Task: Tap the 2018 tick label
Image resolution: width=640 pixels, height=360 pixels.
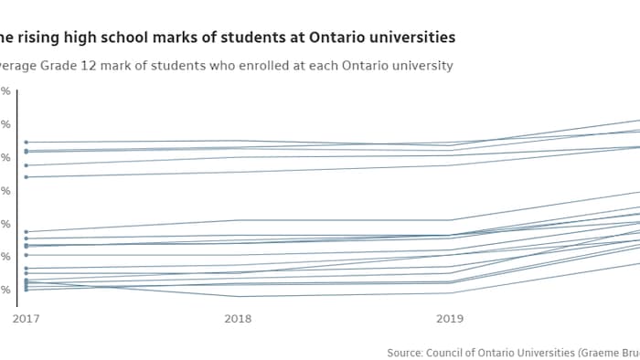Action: click(x=238, y=319)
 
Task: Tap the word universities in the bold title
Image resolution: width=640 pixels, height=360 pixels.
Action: click(x=409, y=37)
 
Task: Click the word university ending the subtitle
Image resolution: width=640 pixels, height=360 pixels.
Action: click(x=420, y=66)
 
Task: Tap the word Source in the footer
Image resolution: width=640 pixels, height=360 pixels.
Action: click(x=405, y=352)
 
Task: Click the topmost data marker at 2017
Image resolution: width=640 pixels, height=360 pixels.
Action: click(x=26, y=143)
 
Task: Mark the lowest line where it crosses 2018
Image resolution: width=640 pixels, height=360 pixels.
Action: click(x=238, y=296)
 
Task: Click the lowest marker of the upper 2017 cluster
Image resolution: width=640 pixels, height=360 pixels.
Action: click(x=26, y=176)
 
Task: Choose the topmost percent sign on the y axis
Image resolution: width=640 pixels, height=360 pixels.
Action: click(x=6, y=91)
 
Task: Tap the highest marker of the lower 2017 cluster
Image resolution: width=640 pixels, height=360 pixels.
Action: click(x=26, y=232)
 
